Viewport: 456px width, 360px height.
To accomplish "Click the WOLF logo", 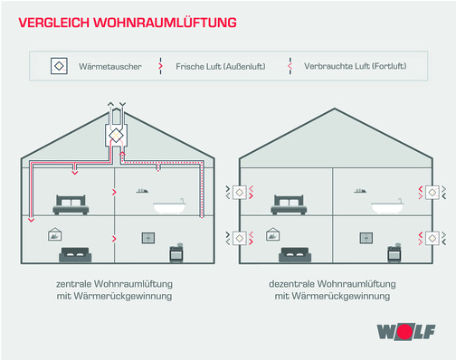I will click(x=412, y=332).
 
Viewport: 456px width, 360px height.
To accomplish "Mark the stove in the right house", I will click(x=394, y=252).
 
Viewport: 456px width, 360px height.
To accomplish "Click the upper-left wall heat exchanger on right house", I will click(x=240, y=192).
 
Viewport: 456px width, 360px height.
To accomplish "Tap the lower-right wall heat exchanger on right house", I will click(x=432, y=239).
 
